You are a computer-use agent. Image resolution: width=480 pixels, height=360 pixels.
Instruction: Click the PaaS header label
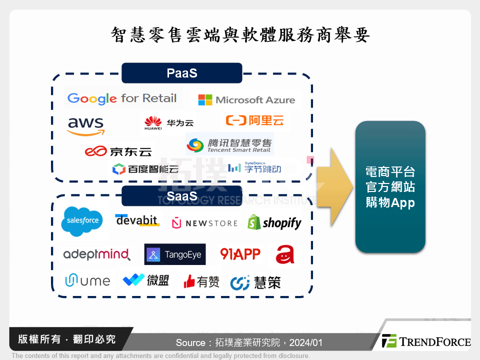[181, 73]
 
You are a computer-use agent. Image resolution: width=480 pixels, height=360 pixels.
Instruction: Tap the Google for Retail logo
[122, 98]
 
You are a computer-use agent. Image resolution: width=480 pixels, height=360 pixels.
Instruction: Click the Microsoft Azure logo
[246, 100]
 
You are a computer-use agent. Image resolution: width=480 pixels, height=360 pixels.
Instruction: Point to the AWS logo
[86, 125]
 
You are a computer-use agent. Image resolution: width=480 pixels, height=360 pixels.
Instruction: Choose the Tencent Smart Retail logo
[229, 144]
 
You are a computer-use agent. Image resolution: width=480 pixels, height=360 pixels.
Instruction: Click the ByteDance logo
[254, 167]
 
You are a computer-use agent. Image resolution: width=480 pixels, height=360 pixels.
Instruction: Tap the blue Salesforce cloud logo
[82, 220]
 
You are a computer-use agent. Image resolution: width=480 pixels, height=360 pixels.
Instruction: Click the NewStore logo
[204, 223]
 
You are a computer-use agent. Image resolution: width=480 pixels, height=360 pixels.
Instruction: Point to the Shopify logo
[275, 222]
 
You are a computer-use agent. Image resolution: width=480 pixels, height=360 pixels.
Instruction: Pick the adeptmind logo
[96, 254]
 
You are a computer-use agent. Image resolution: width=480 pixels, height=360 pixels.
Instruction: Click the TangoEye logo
[175, 254]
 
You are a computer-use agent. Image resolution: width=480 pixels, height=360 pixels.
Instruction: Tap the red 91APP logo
[240, 254]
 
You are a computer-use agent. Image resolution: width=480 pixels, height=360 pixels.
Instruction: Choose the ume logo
[87, 280]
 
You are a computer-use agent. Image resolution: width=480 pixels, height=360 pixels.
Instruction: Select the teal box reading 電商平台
[390, 186]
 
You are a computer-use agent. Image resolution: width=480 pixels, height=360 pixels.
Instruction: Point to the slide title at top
[240, 35]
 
